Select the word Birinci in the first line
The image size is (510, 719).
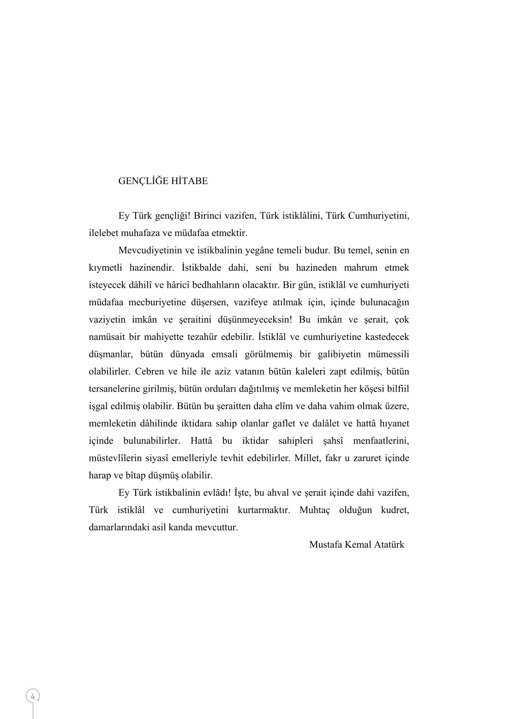pos(210,216)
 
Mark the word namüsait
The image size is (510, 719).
pos(106,337)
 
